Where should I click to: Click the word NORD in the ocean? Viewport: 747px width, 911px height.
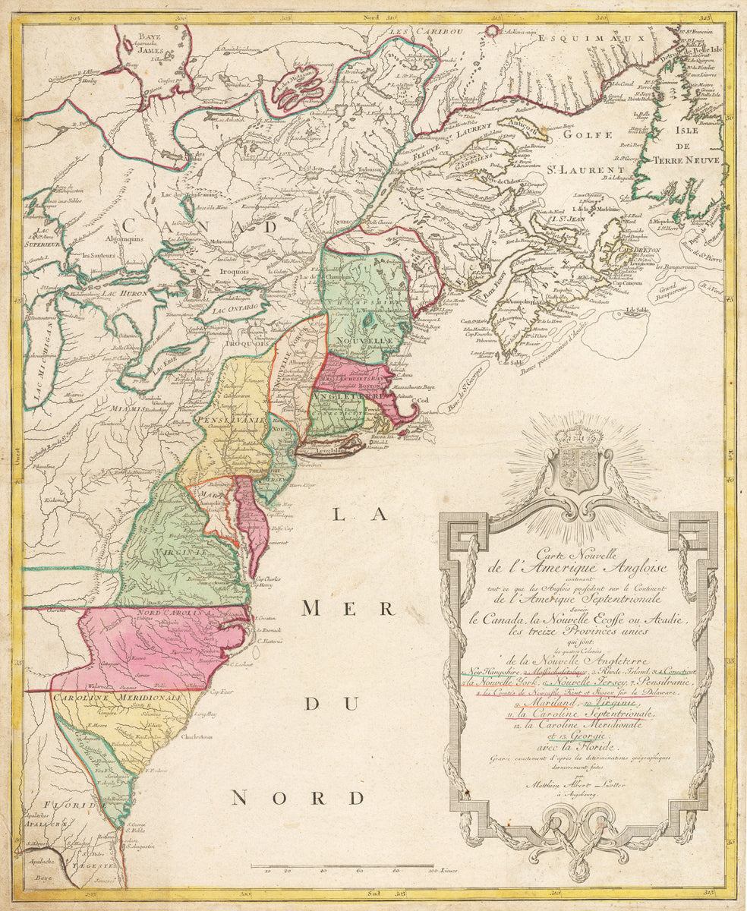pyautogui.click(x=298, y=797)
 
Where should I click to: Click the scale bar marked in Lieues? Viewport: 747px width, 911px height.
pyautogui.click(x=342, y=866)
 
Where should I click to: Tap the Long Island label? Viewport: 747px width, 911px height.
pyautogui.click(x=323, y=449)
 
